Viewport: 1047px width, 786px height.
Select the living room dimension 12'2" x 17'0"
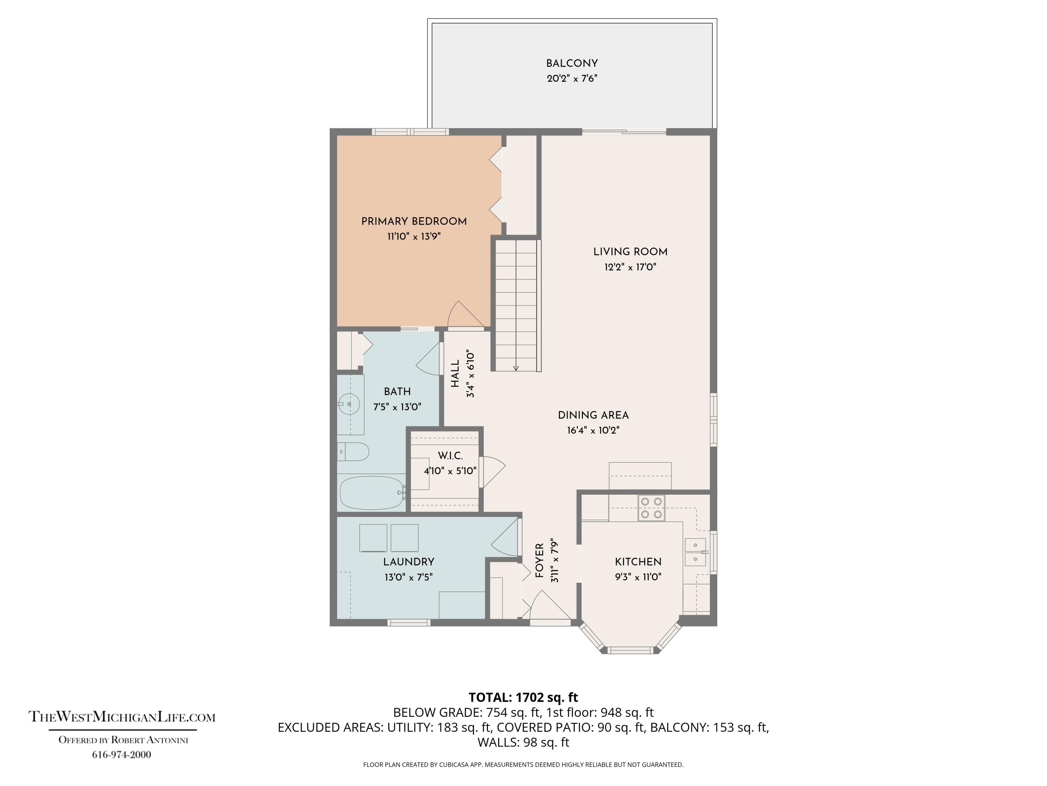(x=630, y=267)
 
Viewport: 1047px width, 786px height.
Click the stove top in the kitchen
(x=651, y=508)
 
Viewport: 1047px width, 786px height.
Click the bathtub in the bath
(x=372, y=493)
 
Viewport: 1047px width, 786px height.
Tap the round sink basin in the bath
(x=349, y=404)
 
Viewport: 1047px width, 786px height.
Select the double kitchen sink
(x=696, y=552)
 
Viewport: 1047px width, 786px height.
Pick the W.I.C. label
(x=450, y=456)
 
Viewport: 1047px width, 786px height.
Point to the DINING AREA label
(x=593, y=415)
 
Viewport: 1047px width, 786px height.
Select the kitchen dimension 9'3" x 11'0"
(x=638, y=577)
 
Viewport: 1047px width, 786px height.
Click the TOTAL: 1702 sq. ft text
(x=523, y=697)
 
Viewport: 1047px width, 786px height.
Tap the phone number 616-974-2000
(x=122, y=755)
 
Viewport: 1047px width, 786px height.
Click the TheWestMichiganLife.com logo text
(x=122, y=716)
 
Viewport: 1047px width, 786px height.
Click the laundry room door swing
(x=505, y=537)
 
